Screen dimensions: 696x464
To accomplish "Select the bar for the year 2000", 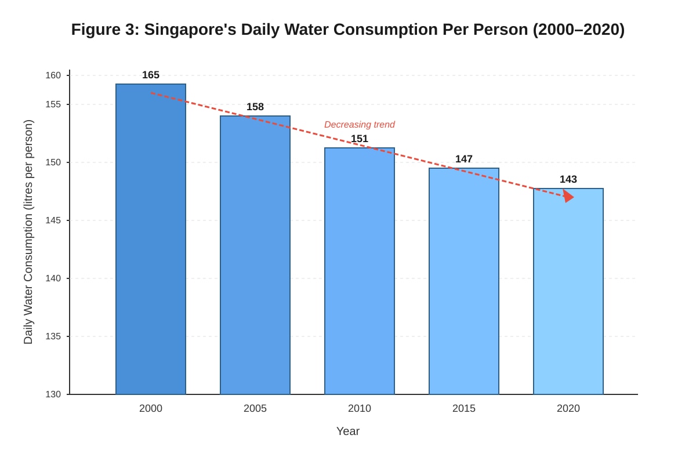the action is tap(151, 239).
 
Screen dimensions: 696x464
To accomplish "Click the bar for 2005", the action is tap(255, 255).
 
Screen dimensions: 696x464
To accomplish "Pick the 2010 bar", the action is tap(360, 271).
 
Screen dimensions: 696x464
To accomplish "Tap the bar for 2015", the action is tap(464, 281).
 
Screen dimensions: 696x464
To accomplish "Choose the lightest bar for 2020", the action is tap(568, 291).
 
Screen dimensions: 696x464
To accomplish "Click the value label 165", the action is tap(151, 75).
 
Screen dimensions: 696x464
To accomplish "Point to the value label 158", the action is tap(255, 107).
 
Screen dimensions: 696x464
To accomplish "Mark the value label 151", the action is tap(360, 139).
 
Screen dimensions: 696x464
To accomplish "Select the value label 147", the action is tap(464, 159).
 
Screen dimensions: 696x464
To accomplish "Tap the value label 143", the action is tap(568, 179).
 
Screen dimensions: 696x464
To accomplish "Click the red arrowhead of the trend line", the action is tap(568, 197).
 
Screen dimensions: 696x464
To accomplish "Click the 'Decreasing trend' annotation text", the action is tap(360, 125).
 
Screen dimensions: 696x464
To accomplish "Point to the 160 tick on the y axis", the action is tap(53, 75).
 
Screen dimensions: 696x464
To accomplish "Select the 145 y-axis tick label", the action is tap(53, 220).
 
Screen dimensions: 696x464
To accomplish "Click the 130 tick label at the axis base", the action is tap(53, 394).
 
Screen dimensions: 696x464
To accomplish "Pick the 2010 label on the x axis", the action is tap(360, 408).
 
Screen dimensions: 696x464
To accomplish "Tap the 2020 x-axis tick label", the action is tap(568, 408).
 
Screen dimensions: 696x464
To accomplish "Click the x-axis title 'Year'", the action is tap(348, 432).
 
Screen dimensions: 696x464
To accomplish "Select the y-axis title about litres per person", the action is tap(28, 232).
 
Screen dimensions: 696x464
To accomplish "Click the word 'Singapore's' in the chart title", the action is tap(190, 30).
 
